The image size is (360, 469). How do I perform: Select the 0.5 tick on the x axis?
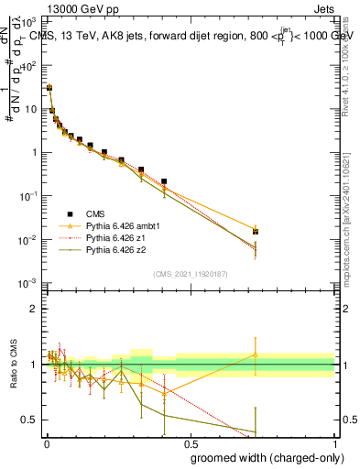click(x=189, y=442)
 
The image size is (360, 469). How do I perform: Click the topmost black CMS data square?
click(x=49, y=88)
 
